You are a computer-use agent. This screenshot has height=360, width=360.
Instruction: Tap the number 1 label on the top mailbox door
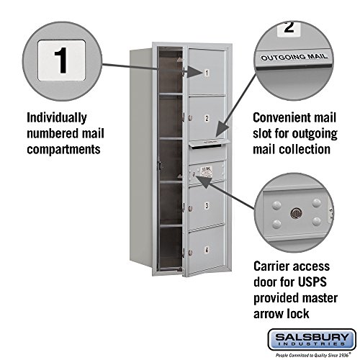pyautogui.click(x=206, y=73)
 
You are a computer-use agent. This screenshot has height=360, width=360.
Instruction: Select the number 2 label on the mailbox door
pyautogui.click(x=206, y=119)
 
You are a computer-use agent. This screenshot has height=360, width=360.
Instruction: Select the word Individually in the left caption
pyautogui.click(x=57, y=117)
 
